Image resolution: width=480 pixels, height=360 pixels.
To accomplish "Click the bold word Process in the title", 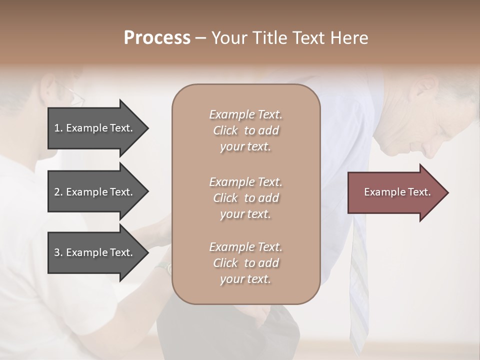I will pos(157,38).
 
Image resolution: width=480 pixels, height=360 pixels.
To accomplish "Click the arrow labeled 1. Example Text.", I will pos(95,128).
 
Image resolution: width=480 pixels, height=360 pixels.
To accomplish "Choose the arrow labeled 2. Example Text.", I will pos(95,192).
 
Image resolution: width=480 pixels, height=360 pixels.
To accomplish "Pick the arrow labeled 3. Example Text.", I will pos(95,252).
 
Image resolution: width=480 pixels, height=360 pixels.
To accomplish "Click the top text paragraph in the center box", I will pos(245,130).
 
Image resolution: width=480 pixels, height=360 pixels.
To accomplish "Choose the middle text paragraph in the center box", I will pos(245,198).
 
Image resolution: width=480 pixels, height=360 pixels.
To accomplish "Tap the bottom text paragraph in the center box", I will pos(245,263).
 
